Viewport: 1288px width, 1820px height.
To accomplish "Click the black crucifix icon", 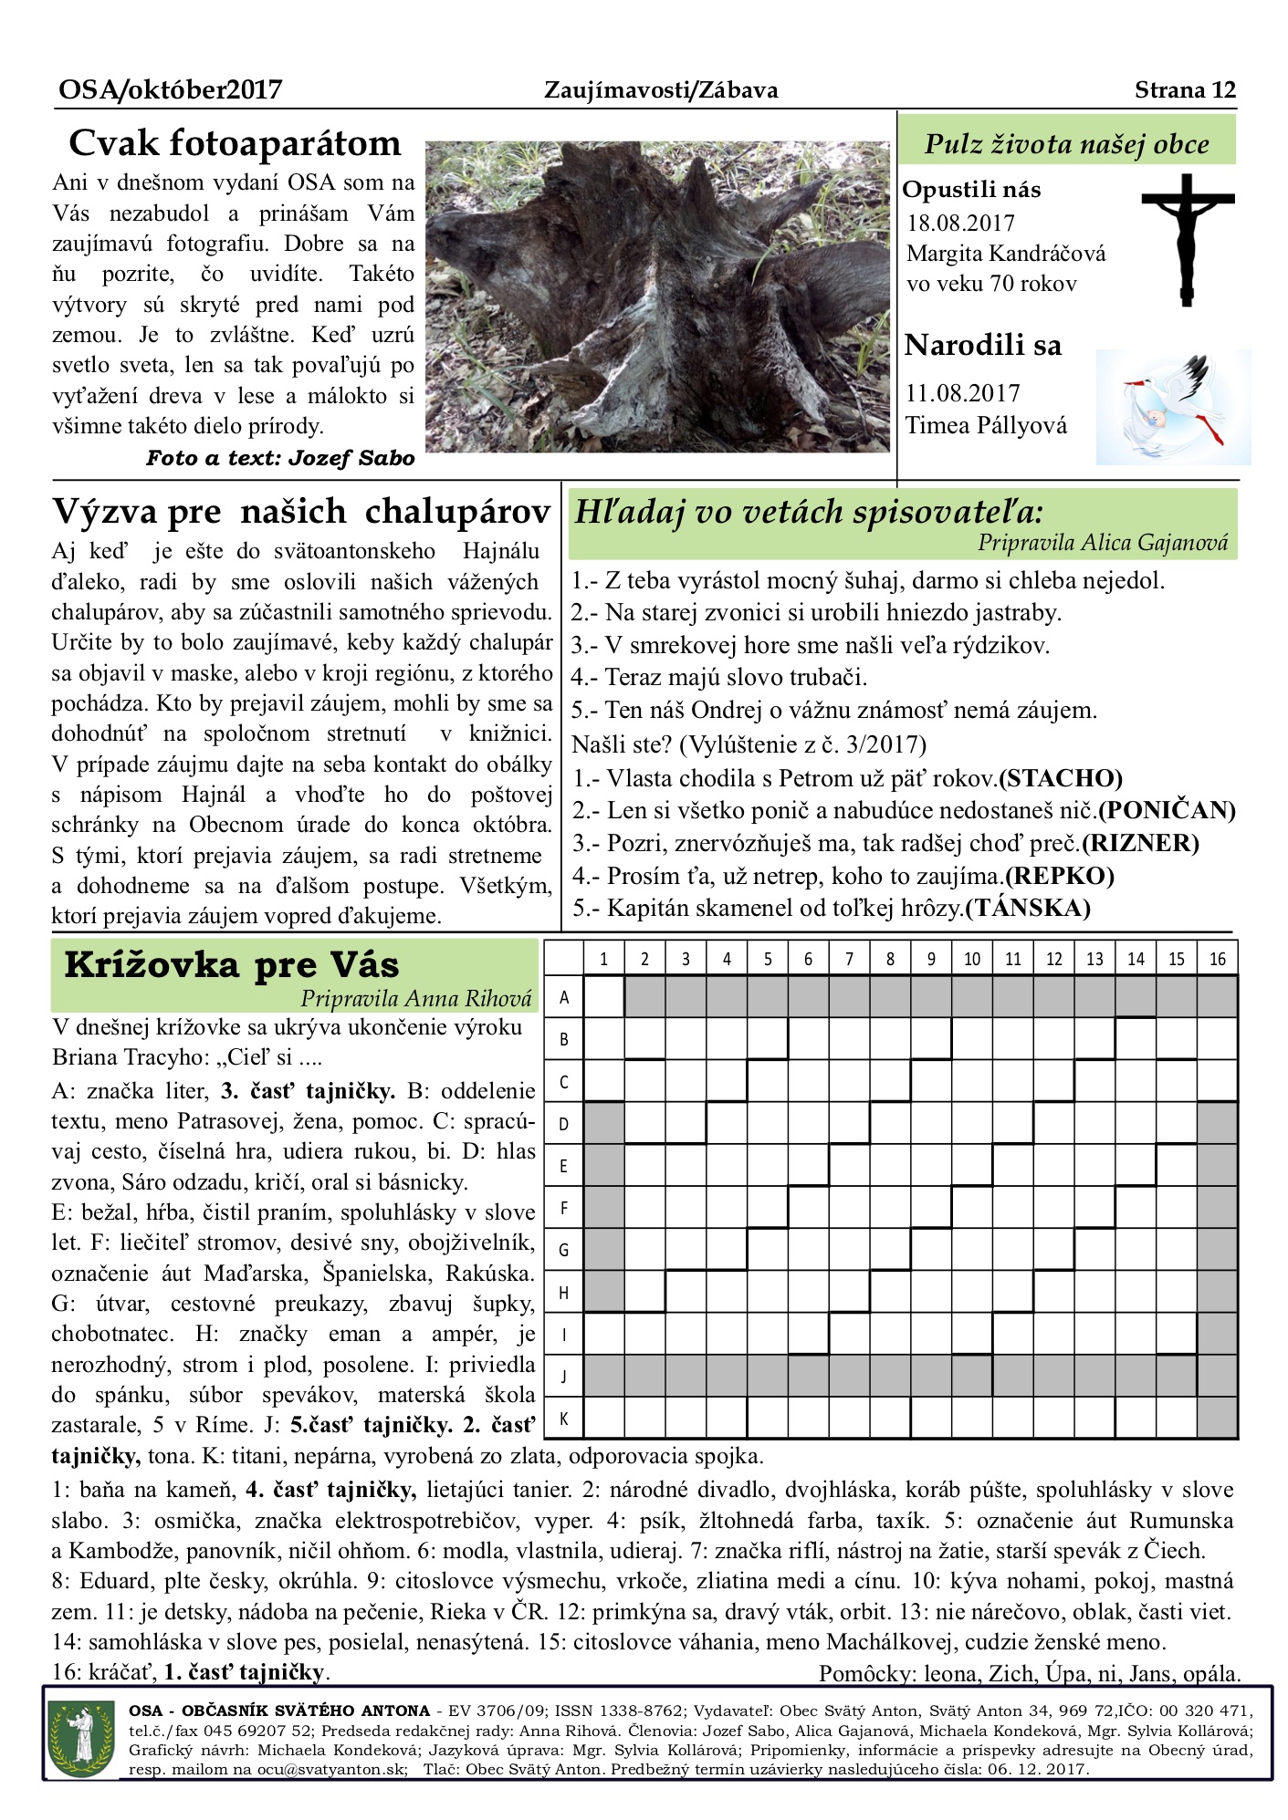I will point(1187,239).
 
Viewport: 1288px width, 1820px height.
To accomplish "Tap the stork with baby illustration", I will point(1173,406).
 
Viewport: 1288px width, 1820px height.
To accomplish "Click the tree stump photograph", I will point(657,296).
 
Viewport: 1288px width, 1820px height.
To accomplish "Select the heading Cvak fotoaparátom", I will point(235,143).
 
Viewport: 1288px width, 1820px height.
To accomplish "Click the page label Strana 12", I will point(1185,89).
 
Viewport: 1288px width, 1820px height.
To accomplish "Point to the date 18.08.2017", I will point(960,223).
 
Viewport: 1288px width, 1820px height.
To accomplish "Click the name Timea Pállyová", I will point(986,425).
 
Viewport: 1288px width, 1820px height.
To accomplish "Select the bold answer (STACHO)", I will point(1061,778).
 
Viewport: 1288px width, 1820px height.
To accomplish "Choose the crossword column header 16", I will point(1218,959).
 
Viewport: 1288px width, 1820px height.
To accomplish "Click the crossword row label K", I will point(564,1419).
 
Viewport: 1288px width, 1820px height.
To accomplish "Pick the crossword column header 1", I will point(603,959).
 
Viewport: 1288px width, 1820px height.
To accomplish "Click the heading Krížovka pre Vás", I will point(232,964).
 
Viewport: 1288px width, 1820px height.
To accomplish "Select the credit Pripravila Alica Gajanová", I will point(1103,543).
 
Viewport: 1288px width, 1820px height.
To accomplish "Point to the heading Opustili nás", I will point(971,190).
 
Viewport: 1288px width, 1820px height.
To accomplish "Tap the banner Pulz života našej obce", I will point(1066,144).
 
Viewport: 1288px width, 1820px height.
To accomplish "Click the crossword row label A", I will point(564,997).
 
